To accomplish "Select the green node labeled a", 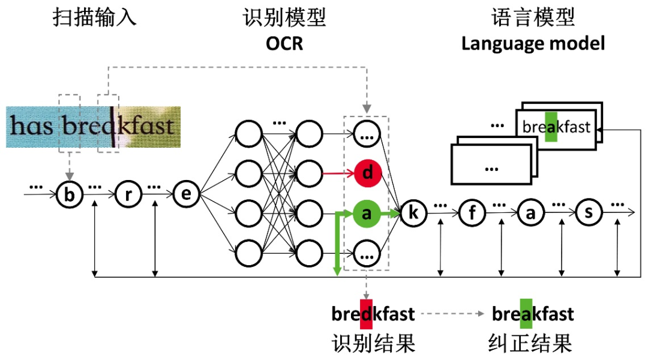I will [368, 213].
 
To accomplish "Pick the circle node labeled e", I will [186, 194].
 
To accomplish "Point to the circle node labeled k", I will [413, 213].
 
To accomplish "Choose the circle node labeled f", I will [472, 213].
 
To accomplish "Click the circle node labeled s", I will [589, 213].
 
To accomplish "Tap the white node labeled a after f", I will [530, 213].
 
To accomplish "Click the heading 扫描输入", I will [94, 17].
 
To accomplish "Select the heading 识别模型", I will [284, 17].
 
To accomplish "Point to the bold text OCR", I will [284, 44].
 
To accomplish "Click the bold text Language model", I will [533, 44].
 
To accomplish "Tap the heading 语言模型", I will [533, 17].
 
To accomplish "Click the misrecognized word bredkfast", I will [373, 314].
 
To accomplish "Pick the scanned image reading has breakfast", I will [93, 127].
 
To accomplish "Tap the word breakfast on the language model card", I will [556, 127].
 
